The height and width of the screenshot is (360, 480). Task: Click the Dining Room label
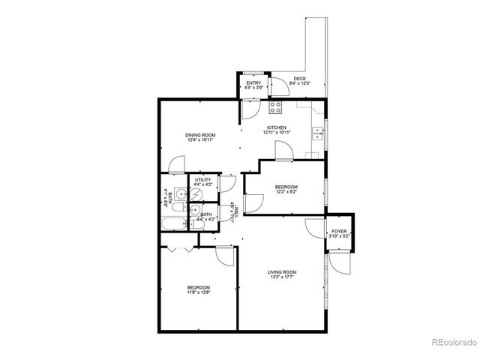[x=200, y=134]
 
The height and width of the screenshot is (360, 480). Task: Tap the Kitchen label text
[x=276, y=128]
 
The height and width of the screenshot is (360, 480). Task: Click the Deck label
[x=299, y=79]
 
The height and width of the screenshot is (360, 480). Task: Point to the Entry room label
[x=253, y=82]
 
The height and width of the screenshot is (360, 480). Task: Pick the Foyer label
[x=340, y=231]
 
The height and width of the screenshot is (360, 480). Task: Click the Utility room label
[x=203, y=180]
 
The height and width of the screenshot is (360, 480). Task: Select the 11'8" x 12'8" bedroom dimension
[x=198, y=293]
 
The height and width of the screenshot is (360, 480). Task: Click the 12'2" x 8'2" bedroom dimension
[x=286, y=192]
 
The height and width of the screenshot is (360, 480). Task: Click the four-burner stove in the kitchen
[x=276, y=106]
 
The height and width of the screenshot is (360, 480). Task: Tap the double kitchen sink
[x=318, y=134]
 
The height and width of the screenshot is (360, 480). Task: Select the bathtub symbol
[x=172, y=223]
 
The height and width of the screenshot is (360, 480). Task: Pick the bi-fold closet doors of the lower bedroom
[x=175, y=247]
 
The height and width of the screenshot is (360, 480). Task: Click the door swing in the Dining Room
[x=177, y=164]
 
